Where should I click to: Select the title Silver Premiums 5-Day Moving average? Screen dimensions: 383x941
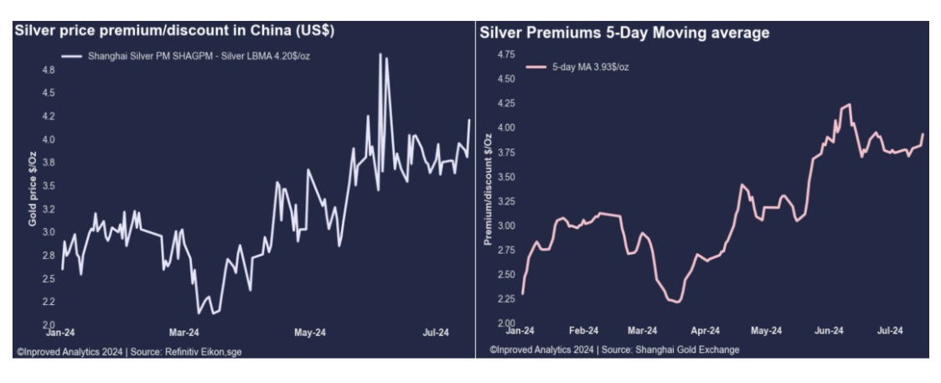click(x=624, y=34)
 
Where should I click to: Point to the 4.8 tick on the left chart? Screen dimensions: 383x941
click(x=48, y=70)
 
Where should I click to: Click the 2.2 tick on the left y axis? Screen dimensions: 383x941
click(x=48, y=302)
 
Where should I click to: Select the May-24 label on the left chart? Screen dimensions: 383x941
click(x=309, y=333)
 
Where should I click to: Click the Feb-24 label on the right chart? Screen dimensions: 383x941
click(x=583, y=330)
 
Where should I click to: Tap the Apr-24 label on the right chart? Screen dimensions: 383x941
click(x=706, y=330)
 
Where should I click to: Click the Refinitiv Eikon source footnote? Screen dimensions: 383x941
click(x=129, y=352)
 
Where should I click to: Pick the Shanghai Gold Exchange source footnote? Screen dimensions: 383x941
click(x=614, y=349)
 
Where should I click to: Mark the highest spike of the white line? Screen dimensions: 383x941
click(x=380, y=54)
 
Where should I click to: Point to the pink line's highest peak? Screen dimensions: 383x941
click(x=849, y=105)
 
